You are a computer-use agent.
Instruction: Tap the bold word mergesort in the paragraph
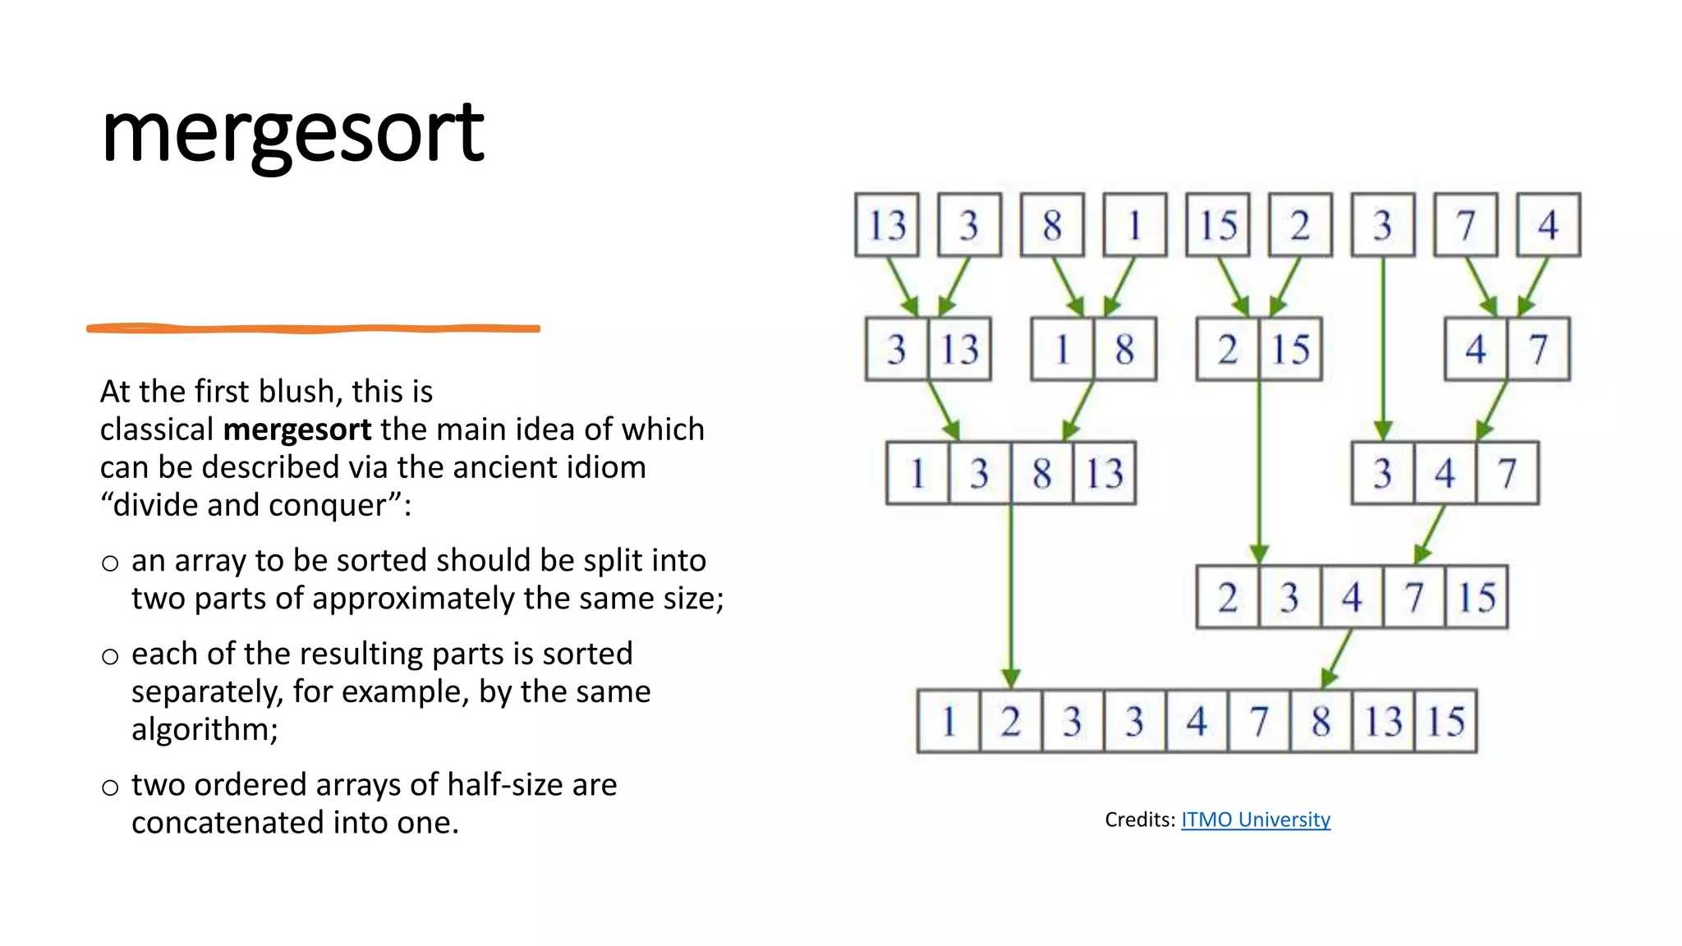(297, 429)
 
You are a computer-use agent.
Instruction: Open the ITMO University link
(1255, 820)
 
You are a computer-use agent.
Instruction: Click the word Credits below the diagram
(1139, 820)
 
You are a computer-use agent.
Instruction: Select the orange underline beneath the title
(313, 328)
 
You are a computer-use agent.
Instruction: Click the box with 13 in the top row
(887, 225)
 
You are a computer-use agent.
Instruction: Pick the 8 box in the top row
(1052, 225)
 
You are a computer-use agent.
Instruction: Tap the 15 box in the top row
(1218, 225)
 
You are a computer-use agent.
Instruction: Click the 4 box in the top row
(1548, 225)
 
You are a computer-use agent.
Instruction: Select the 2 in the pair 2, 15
(1227, 349)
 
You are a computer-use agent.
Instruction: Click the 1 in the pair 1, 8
(1062, 349)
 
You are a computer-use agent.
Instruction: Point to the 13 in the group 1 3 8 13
(1105, 473)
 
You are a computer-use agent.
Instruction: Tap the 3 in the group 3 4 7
(1383, 473)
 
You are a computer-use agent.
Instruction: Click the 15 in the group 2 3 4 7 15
(1476, 597)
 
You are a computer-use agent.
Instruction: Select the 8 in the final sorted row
(1321, 722)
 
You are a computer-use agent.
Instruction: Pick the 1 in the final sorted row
(949, 722)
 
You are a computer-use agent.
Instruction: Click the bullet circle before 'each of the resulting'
(110, 656)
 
